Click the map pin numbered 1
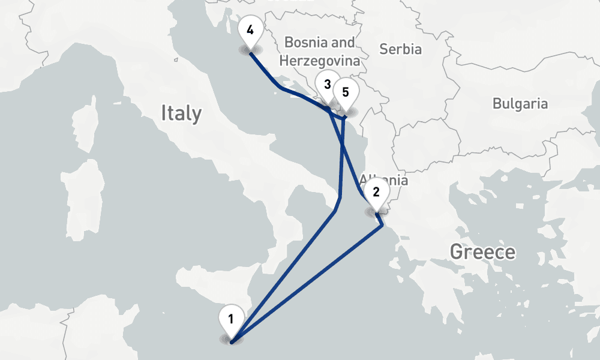tap(232, 319)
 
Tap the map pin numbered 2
tap(376, 193)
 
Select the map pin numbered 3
tap(327, 85)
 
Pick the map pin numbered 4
tap(250, 31)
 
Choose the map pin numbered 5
tap(346, 92)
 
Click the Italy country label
tap(181, 113)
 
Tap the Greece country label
tap(482, 252)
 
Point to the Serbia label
tap(400, 49)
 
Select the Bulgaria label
tap(520, 104)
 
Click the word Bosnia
tap(306, 43)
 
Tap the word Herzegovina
tap(320, 61)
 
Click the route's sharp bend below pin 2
tap(382, 226)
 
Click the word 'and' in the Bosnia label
tap(343, 43)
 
